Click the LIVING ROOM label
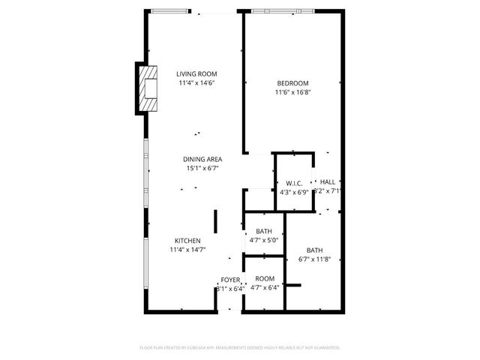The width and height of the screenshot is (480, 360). coord(196,73)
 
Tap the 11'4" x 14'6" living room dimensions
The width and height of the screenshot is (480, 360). coord(196,82)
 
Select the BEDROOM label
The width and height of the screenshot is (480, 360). coord(292,83)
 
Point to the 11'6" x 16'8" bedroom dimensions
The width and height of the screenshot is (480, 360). coord(292,92)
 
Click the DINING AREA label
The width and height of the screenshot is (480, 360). coord(202,159)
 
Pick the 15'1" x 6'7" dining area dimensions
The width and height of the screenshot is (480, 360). coord(202,168)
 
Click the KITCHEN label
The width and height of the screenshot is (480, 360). coord(187,241)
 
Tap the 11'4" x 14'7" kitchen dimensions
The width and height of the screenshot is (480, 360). coord(187,250)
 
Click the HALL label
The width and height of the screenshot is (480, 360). coord(328,182)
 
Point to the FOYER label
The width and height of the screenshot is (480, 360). coord(230,280)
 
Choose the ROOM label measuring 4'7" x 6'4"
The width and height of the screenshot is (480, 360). coord(264,278)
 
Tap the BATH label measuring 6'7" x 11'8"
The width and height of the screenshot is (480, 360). coord(314,250)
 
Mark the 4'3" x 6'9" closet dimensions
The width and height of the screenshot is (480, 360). coord(293,192)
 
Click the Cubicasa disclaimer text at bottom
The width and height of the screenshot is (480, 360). coord(240,347)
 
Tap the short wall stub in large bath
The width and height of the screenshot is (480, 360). coord(293,285)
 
